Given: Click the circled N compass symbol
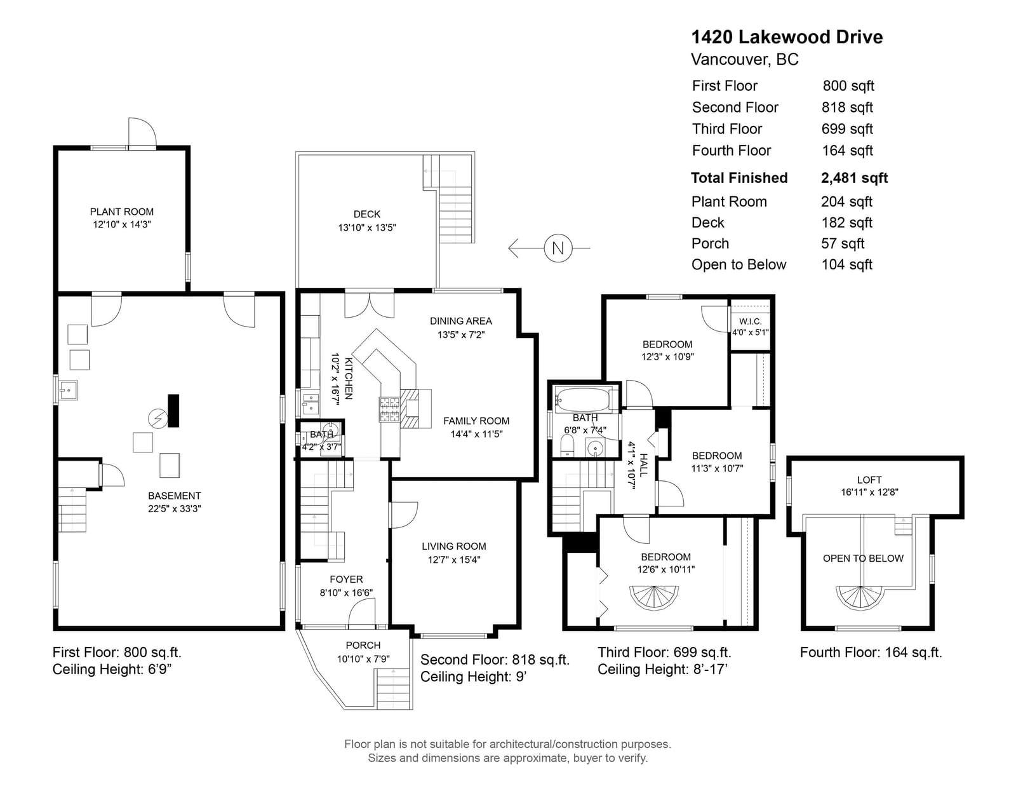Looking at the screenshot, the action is click(558, 248).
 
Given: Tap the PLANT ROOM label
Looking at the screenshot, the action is click(121, 212).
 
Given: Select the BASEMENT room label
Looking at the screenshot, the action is click(175, 496).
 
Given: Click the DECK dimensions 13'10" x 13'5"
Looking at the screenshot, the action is click(367, 228).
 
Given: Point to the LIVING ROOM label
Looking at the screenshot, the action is click(454, 546).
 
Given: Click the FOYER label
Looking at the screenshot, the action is click(346, 579).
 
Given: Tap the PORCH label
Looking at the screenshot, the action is click(363, 646).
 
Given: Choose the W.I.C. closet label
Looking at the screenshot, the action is click(751, 322).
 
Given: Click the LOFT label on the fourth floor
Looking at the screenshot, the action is click(869, 480).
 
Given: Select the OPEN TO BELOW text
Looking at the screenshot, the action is click(863, 559).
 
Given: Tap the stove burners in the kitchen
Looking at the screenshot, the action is click(389, 409).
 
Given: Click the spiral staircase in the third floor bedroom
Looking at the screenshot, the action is click(653, 599).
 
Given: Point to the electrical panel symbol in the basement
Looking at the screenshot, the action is click(157, 419).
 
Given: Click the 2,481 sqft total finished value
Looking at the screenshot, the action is click(854, 179).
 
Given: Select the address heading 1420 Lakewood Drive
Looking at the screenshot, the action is click(787, 37).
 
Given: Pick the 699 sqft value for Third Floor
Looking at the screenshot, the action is click(847, 129).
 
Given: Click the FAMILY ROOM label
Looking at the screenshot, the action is click(476, 421).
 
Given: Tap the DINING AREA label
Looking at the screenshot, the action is click(461, 322).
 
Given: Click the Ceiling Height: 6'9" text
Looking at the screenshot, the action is click(112, 670).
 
